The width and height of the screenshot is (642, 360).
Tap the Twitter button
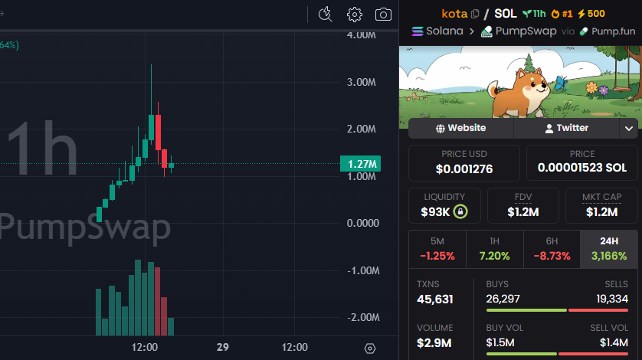(566, 128)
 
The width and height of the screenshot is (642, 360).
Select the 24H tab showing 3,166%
(608, 249)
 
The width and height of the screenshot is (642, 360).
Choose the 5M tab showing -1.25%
(437, 249)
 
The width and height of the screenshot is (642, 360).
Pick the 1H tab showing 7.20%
(494, 249)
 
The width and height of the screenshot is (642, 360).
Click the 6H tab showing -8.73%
(552, 249)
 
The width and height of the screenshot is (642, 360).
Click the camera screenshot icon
(383, 14)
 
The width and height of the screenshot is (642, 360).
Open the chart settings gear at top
(354, 14)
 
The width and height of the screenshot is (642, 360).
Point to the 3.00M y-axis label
(362, 82)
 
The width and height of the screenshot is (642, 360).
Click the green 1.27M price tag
(362, 163)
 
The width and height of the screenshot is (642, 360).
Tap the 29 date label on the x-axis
(223, 347)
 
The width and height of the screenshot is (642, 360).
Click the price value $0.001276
(464, 169)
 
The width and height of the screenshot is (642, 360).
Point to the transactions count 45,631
(435, 299)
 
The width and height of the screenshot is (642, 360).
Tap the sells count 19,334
(612, 298)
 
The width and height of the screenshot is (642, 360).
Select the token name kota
(455, 13)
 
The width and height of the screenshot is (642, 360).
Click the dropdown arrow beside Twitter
(629, 128)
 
